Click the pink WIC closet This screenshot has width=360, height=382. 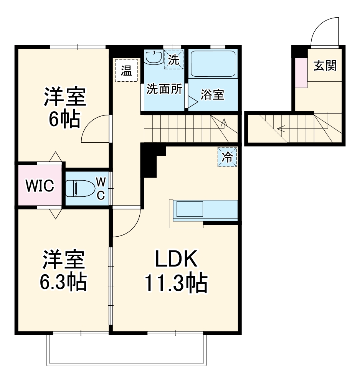coord(40,186)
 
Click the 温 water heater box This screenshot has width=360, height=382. coord(126,70)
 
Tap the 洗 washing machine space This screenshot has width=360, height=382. coord(174,60)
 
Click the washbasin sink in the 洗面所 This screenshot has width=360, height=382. coord(155,58)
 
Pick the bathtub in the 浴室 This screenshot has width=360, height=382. coord(213,64)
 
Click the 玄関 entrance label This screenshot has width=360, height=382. coord(325,66)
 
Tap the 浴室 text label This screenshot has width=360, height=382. coord(213,95)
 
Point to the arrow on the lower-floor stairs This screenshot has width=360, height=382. coord(282,129)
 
